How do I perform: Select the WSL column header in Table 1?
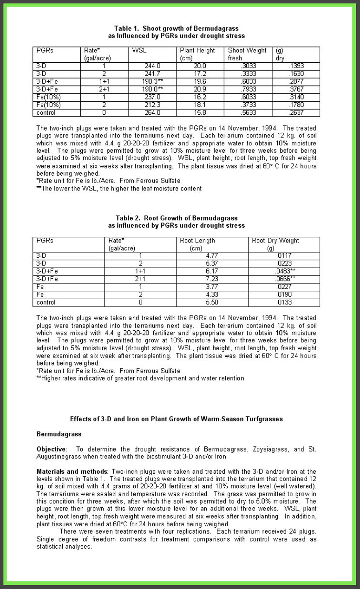click(139, 50)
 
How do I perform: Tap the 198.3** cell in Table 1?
click(153, 81)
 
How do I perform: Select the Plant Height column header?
click(197, 50)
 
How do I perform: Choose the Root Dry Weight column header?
click(275, 241)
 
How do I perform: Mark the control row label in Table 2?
click(46, 302)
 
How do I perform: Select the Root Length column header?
click(197, 241)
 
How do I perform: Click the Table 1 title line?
click(176, 28)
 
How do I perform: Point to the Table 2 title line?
click(177, 218)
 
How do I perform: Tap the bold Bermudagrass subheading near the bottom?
click(59, 434)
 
